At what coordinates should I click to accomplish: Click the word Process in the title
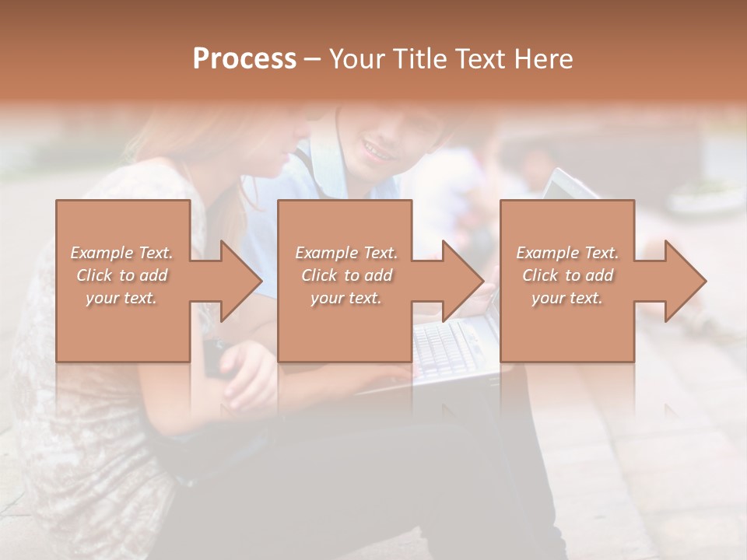pyautogui.click(x=244, y=59)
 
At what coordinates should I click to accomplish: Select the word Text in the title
pyautogui.click(x=479, y=59)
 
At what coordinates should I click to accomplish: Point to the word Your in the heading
pyautogui.click(x=356, y=59)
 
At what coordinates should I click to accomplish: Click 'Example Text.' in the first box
pyautogui.click(x=122, y=253)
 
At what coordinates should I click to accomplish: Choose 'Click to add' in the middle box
pyautogui.click(x=346, y=275)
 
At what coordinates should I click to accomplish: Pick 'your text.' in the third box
pyautogui.click(x=567, y=298)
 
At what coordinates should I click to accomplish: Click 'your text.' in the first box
pyautogui.click(x=122, y=298)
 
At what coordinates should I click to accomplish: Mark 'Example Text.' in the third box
pyautogui.click(x=567, y=253)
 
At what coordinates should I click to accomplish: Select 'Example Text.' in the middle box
pyautogui.click(x=346, y=253)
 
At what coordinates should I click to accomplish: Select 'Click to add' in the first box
pyautogui.click(x=122, y=275)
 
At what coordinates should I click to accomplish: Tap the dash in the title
pyautogui.click(x=314, y=60)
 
